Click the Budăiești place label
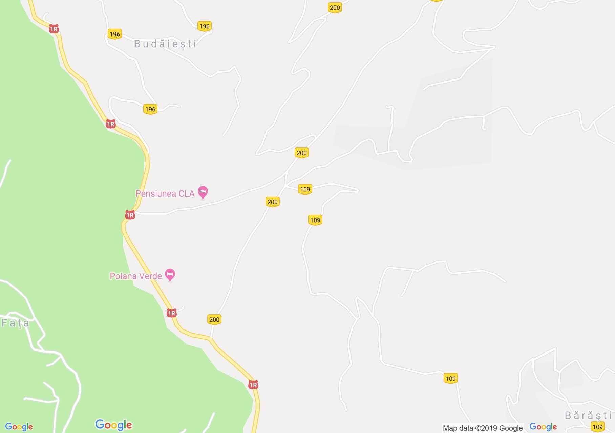coord(165,44)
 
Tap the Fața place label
coord(16,323)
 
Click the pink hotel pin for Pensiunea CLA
coord(203,192)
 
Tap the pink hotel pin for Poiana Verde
coord(170,275)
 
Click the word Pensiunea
coord(156,193)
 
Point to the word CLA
coord(187,193)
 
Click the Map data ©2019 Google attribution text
coord(483,428)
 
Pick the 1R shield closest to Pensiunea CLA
coord(130,215)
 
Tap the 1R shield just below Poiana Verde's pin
coord(172,313)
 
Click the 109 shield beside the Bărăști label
coord(598,427)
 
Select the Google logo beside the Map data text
coord(543,427)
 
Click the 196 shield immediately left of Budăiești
coord(115,34)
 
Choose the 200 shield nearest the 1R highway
coord(214,319)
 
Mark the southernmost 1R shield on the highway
coord(253,385)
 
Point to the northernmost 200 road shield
coord(335,8)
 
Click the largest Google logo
coord(113,425)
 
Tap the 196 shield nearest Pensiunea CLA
coord(150,109)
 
